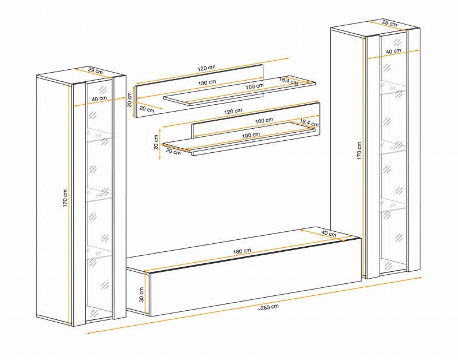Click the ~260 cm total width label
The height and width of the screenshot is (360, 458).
[x=268, y=307]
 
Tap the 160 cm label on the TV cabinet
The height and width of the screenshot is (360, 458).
[x=242, y=251]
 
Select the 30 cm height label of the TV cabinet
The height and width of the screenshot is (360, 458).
[x=141, y=295]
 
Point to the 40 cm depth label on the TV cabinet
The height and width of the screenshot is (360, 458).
[x=329, y=234]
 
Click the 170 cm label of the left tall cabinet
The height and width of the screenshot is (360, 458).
[x=65, y=199]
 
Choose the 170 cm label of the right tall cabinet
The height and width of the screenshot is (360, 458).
[x=359, y=151]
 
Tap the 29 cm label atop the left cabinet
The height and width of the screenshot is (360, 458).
[x=95, y=71]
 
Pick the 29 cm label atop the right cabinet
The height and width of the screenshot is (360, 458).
[x=390, y=23]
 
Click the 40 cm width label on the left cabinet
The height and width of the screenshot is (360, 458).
[x=99, y=98]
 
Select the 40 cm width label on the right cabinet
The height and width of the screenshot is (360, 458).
[x=393, y=51]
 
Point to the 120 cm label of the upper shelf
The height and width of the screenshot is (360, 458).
[x=207, y=68]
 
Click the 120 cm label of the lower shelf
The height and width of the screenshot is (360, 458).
[x=233, y=111]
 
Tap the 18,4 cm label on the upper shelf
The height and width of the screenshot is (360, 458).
[x=289, y=81]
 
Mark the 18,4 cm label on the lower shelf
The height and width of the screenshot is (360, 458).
[x=309, y=123]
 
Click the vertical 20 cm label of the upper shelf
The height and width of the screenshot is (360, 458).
[x=130, y=100]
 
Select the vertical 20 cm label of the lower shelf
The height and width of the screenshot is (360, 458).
[x=156, y=142]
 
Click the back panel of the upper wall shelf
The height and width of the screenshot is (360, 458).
[x=199, y=91]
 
